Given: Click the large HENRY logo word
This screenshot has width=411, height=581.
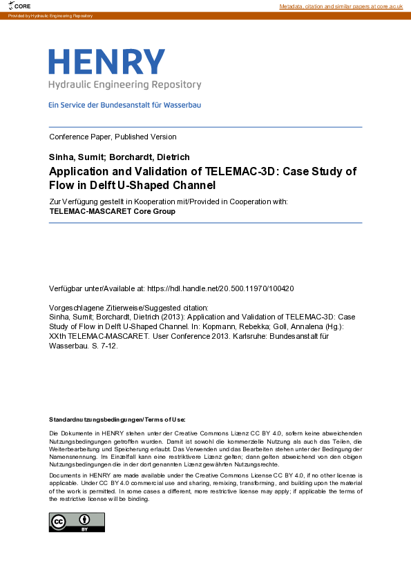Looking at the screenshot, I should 107,62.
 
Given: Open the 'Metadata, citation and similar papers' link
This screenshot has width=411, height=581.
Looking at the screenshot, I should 341,6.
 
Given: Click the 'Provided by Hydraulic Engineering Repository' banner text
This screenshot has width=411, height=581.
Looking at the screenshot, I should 50,15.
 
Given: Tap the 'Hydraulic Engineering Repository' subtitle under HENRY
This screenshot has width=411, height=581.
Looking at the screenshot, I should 124,85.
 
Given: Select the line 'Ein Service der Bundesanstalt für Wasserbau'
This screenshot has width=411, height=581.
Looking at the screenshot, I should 124,106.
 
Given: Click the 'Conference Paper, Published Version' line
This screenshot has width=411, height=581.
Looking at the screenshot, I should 113,137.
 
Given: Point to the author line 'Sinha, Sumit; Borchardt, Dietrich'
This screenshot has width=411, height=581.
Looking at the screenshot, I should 119,157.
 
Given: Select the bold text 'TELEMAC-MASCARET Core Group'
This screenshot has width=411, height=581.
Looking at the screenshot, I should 113,211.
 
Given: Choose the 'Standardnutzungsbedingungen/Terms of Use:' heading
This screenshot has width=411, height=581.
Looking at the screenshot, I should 117,420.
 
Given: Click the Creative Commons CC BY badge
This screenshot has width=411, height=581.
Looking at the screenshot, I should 77,522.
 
